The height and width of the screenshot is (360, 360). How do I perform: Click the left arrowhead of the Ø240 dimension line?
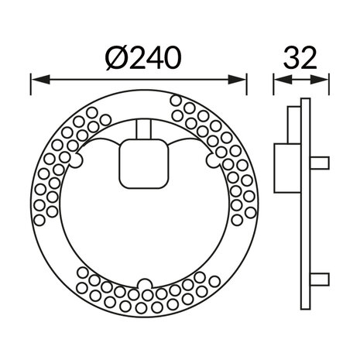[36, 77]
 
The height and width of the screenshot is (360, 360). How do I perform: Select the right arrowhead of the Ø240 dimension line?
[241, 77]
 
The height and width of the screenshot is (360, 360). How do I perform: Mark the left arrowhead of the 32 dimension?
[278, 77]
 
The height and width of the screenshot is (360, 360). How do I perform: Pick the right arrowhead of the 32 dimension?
[324, 77]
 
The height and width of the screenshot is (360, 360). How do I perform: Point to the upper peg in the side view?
[321, 162]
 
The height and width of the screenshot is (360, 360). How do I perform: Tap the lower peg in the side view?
[321, 278]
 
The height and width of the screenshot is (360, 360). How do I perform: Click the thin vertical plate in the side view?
[306, 205]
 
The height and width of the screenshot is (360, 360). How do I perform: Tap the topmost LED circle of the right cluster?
[176, 100]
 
